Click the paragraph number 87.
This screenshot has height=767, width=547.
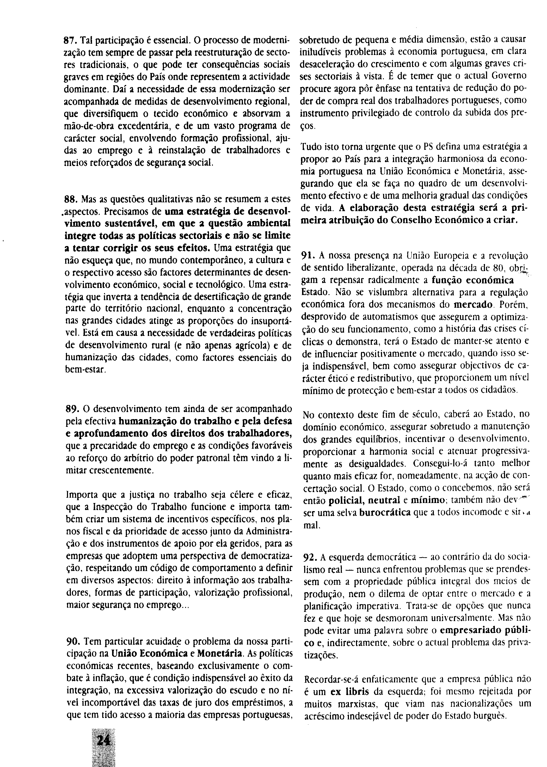click(69, 39)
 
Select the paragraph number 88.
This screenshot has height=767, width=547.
click(69, 199)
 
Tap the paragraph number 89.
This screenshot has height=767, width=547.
click(71, 409)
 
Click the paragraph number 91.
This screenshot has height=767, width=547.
click(308, 256)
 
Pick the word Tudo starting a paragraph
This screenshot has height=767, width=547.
click(311, 146)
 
